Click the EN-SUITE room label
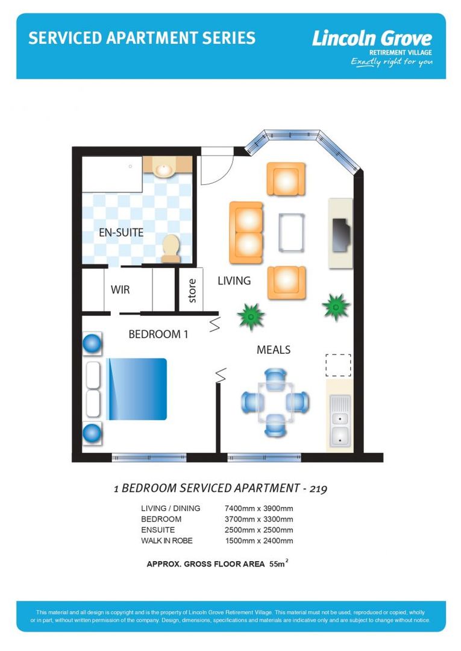click(x=121, y=233)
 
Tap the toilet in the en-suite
click(x=171, y=248)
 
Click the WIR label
click(x=120, y=290)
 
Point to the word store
click(x=193, y=291)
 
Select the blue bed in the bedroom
click(x=136, y=389)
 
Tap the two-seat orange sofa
click(x=246, y=233)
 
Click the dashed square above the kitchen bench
click(x=338, y=365)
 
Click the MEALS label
click(x=274, y=350)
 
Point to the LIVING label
click(x=234, y=281)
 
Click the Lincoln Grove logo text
click(x=372, y=39)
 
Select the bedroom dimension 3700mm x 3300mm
click(x=259, y=519)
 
